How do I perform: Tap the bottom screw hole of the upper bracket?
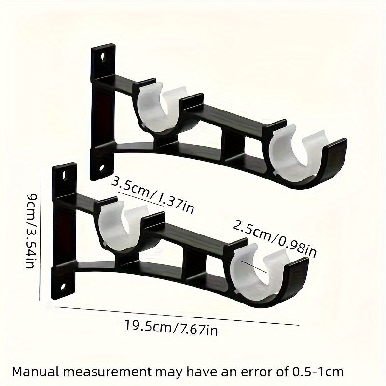tap(103, 168)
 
